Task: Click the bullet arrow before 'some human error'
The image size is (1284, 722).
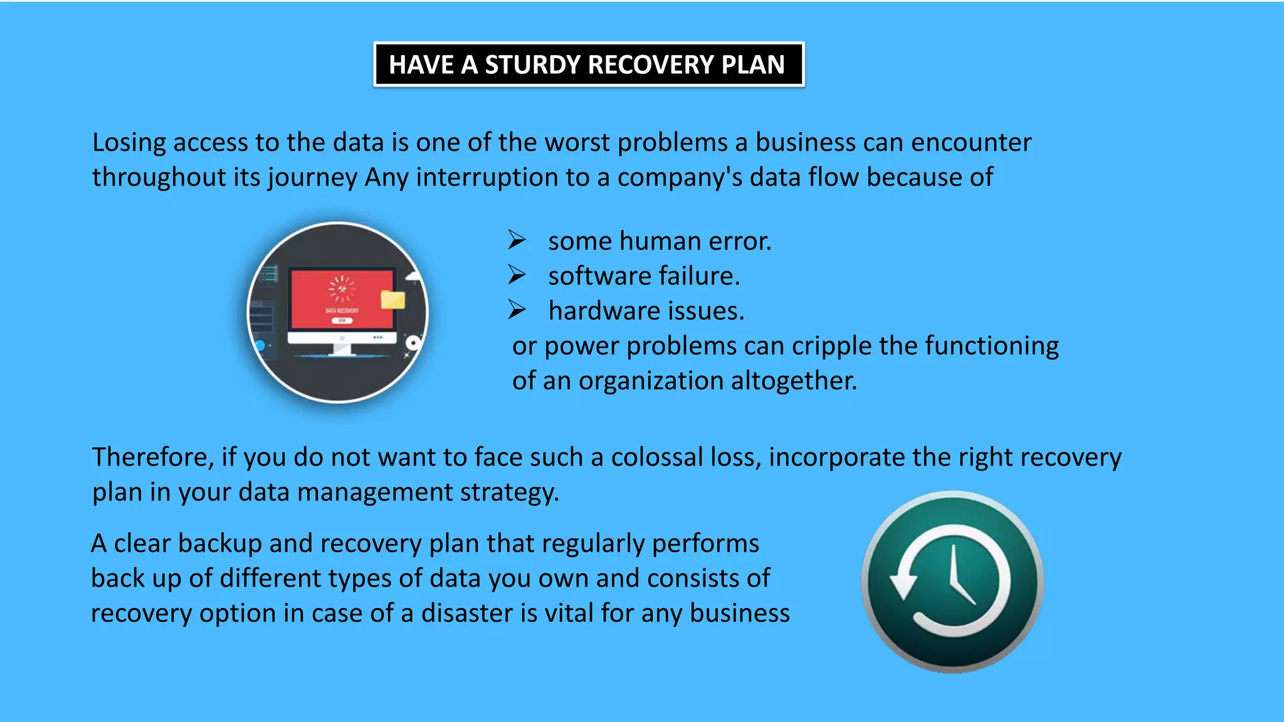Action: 517,240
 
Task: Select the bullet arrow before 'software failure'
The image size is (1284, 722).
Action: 517,275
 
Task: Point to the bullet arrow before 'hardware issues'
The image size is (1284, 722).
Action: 517,310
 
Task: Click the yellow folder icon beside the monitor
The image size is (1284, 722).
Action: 393,300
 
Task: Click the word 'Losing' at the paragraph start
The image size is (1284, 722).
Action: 129,143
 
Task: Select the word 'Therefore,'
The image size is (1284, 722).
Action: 153,457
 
